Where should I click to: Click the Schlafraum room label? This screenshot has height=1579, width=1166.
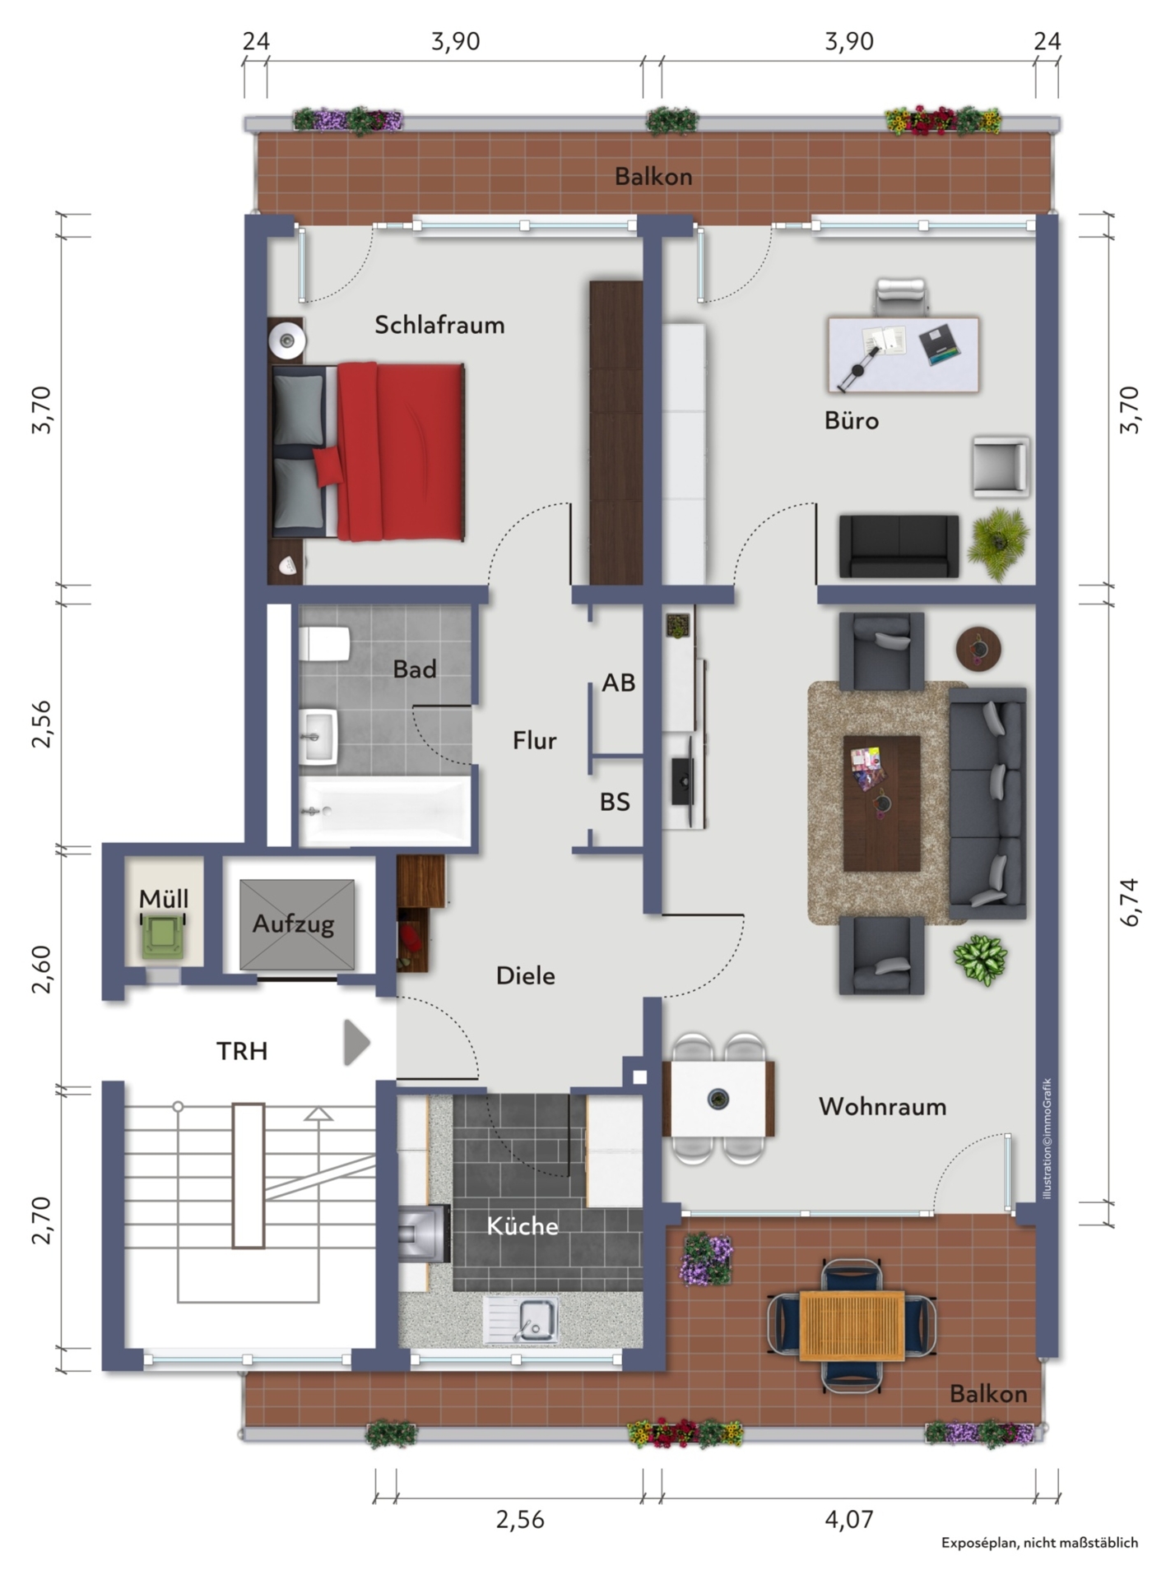tap(439, 325)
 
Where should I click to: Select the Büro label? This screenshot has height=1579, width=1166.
tap(852, 421)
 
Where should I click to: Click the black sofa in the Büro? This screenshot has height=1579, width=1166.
tap(899, 546)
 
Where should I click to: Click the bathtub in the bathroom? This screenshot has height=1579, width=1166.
tap(385, 811)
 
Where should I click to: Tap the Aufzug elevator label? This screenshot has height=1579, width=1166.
tap(294, 924)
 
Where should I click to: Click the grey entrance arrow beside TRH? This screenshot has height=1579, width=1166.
tap(356, 1043)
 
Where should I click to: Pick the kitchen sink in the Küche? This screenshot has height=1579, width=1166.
tap(521, 1320)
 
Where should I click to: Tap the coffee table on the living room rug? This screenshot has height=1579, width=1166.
tap(881, 803)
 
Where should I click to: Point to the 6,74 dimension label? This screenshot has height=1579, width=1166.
tap(1131, 902)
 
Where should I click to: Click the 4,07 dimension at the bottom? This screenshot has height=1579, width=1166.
tap(849, 1519)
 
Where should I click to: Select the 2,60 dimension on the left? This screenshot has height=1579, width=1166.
tap(41, 969)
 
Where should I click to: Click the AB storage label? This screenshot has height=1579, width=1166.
tap(618, 683)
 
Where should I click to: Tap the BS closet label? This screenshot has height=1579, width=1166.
tap(615, 802)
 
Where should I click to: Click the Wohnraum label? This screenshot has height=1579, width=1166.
tap(882, 1106)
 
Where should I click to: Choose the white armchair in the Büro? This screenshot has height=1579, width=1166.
tap(1001, 466)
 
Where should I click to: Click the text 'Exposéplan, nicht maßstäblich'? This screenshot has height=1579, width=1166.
tap(1040, 1543)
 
